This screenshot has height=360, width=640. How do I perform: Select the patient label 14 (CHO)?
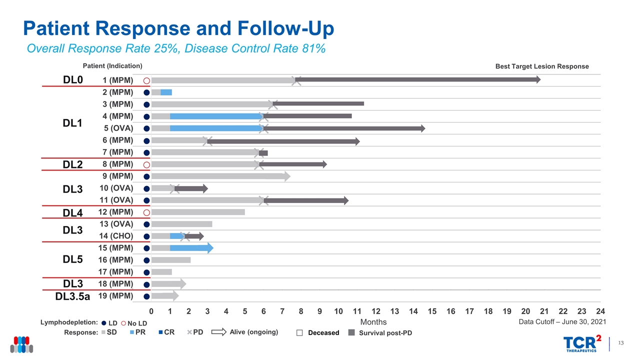click(x=116, y=236)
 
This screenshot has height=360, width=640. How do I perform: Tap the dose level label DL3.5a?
click(x=73, y=296)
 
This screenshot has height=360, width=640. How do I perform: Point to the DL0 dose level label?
click(x=73, y=80)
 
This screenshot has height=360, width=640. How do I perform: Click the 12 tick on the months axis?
click(x=376, y=311)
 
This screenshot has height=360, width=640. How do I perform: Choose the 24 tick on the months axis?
click(x=601, y=311)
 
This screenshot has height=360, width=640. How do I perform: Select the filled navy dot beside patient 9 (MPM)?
click(x=146, y=176)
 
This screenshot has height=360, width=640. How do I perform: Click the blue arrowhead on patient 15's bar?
click(x=210, y=248)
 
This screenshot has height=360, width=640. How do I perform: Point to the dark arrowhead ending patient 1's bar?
click(x=537, y=79)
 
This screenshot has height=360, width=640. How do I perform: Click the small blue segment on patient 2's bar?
click(x=166, y=92)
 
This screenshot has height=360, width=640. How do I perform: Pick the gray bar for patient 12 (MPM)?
click(x=198, y=212)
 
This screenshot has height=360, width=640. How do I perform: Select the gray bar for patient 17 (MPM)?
click(x=161, y=272)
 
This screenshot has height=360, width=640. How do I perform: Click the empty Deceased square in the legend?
click(x=299, y=333)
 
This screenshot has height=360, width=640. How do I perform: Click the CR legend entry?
click(x=165, y=332)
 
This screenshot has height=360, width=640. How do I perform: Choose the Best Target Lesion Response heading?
click(x=542, y=66)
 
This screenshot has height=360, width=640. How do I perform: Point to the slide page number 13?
click(x=621, y=342)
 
